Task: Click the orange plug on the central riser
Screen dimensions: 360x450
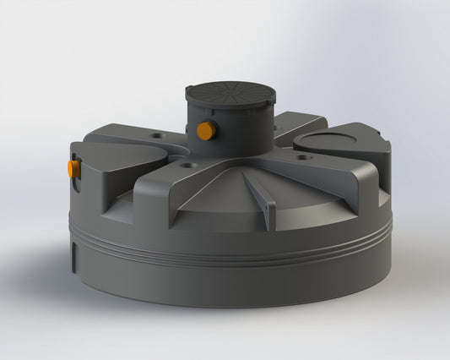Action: pyautogui.click(x=204, y=130)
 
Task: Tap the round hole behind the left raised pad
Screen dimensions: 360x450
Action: pyautogui.click(x=157, y=135)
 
